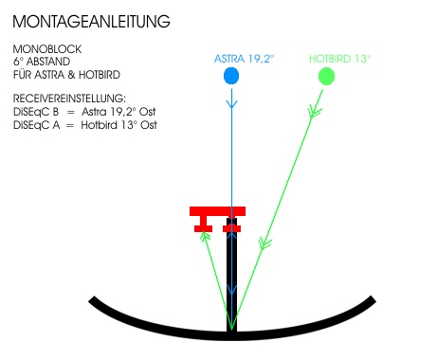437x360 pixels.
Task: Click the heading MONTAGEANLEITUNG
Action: point(91,22)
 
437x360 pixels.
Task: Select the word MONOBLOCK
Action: point(47,49)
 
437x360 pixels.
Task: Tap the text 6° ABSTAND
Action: point(42,62)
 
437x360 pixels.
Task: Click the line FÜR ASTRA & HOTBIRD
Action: point(66,75)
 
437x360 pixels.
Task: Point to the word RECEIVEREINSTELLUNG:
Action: point(69,99)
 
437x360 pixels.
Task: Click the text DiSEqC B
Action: point(36,112)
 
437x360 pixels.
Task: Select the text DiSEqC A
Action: point(36,125)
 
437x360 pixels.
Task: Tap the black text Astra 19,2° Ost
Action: point(118,112)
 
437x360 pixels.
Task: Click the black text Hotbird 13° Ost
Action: point(118,125)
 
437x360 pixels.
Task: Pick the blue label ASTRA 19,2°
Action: point(244,59)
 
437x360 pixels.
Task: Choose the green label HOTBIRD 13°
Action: point(339,59)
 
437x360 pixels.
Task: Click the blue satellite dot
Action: point(231,76)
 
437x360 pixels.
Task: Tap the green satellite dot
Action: point(326,77)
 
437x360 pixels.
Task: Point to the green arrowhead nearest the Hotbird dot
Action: point(315,113)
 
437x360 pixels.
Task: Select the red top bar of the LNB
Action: point(217,211)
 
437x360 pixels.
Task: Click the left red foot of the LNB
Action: point(203,225)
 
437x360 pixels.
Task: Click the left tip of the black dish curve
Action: point(92,298)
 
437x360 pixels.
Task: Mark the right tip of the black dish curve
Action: point(373,298)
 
